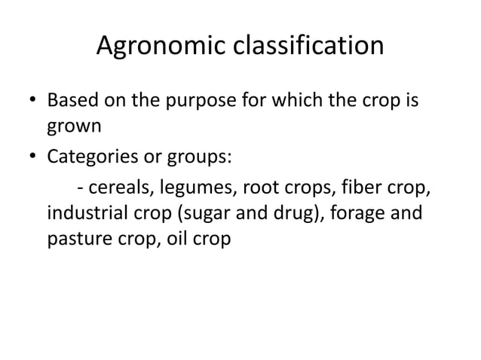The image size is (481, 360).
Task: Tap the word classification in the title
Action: [311, 47]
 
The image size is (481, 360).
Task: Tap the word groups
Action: [202, 158]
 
